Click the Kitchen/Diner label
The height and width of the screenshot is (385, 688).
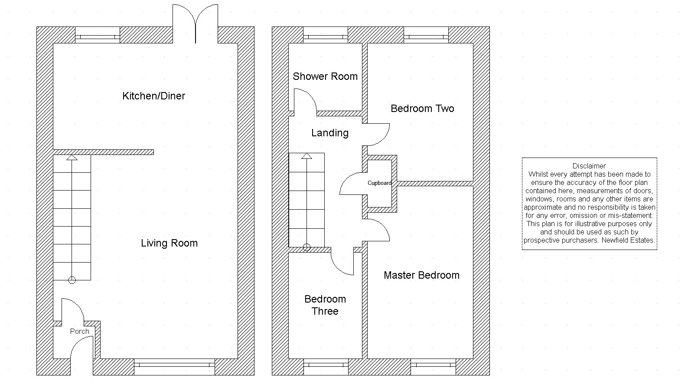click(x=153, y=96)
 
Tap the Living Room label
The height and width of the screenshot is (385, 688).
click(x=169, y=243)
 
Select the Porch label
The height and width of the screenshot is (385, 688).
click(x=79, y=331)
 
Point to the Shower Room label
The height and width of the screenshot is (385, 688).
click(x=325, y=76)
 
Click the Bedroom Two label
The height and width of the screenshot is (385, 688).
click(x=422, y=109)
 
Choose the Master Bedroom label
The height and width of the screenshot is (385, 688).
click(x=421, y=275)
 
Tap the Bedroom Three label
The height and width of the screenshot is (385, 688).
click(x=325, y=305)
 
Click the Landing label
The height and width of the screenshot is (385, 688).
click(x=330, y=133)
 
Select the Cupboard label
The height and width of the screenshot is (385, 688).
click(x=379, y=183)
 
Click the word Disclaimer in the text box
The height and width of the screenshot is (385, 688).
click(x=589, y=166)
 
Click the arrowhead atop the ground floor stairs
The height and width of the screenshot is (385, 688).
click(x=72, y=158)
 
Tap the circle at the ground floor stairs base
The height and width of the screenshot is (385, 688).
click(x=72, y=280)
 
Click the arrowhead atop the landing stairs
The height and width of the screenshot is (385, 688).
click(x=307, y=156)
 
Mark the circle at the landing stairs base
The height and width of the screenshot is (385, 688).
click(x=307, y=247)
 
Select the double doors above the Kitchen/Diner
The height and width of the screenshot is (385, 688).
click(x=196, y=24)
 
